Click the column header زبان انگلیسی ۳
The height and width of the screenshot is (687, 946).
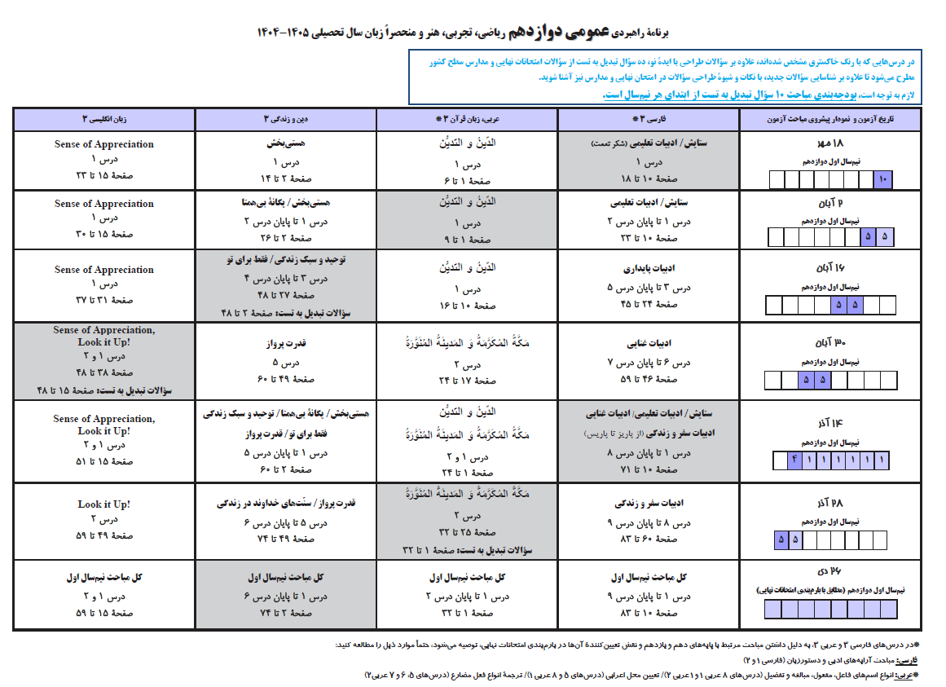tap(103, 120)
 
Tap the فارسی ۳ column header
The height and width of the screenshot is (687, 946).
tap(648, 120)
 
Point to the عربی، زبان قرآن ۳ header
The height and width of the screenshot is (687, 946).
tap(468, 120)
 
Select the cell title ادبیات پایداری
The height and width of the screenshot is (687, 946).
tap(648, 268)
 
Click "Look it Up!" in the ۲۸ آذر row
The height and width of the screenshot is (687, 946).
tap(103, 504)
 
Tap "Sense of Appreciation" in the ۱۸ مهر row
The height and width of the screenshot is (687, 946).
tap(103, 144)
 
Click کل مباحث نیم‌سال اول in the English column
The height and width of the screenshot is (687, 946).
tap(103, 578)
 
